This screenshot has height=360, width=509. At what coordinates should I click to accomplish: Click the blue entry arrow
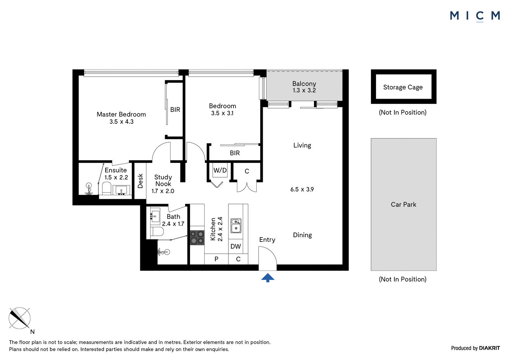[x=268, y=278]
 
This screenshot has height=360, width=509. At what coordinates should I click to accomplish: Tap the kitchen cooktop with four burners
[x=197, y=238]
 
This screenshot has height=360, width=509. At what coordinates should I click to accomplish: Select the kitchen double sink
[x=236, y=226]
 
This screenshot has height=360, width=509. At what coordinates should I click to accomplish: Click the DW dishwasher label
[x=236, y=246]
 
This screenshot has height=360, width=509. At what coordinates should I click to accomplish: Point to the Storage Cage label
[x=403, y=87]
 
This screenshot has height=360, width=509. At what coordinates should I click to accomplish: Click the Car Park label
[x=404, y=204]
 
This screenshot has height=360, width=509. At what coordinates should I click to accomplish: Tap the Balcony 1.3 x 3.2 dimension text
[x=304, y=90]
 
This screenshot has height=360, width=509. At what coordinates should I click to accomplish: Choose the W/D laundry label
[x=220, y=170]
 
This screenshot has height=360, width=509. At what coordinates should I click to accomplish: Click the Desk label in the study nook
[x=140, y=181]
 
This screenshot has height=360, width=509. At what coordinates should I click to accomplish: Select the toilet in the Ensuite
[x=106, y=189]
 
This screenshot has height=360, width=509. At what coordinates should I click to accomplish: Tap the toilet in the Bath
[x=157, y=231]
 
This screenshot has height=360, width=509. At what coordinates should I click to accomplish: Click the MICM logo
[x=475, y=16]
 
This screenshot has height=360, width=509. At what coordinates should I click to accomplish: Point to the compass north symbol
[x=20, y=318]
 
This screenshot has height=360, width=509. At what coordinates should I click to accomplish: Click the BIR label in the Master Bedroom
[x=175, y=109]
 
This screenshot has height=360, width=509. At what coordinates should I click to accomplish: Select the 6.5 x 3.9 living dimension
[x=302, y=189]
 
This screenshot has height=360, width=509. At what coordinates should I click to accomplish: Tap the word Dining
[x=302, y=235]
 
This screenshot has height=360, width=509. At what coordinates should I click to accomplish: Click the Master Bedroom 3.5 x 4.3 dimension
[x=121, y=122]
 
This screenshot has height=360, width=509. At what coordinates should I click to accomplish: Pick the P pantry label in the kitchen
[x=216, y=259]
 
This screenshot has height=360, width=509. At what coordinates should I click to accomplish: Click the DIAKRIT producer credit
[x=490, y=348]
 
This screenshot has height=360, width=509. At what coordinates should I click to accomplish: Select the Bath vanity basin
[x=155, y=216]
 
